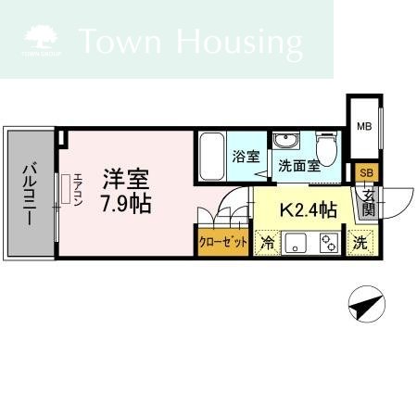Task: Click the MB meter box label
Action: coord(364,126)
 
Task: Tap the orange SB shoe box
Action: coord(367,172)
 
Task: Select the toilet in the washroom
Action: coord(326,148)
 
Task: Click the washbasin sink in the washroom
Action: coord(286,141)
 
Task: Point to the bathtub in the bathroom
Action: coord(211,157)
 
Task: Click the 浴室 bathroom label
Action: coord(246,157)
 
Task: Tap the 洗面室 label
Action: coord(299,166)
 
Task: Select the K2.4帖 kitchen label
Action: coord(308,210)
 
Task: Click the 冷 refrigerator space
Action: coord(267,243)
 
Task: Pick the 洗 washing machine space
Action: coord(360,243)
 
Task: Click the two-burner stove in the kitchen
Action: coord(329,243)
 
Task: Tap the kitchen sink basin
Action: coord(296,243)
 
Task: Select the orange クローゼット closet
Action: coord(223,242)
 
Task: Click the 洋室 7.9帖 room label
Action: coord(126,192)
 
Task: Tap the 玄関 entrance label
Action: coord(369,202)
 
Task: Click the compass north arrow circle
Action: coord(367,304)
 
